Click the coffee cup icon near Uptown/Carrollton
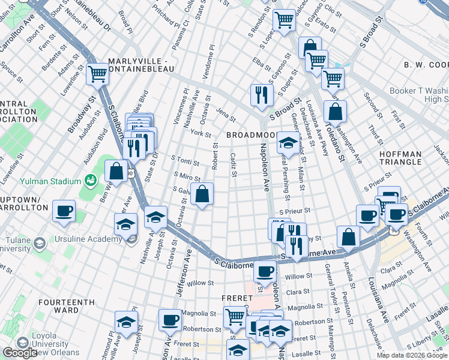64,211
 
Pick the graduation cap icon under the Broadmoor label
289,143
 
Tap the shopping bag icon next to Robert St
202,194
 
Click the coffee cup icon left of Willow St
264,272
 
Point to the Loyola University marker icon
23,343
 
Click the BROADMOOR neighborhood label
250,136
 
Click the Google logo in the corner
20,353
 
